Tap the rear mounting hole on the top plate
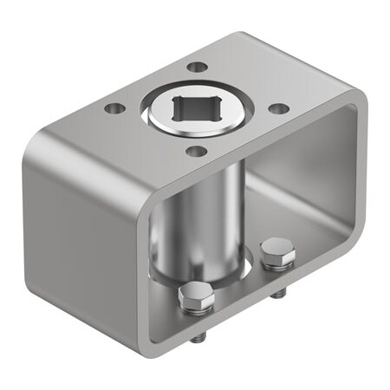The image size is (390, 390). (x=198, y=67)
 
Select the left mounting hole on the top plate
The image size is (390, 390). (x=113, y=109)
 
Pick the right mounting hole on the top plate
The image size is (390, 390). (x=278, y=109)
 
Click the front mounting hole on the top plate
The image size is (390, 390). (x=197, y=152)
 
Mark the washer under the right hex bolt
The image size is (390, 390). (x=277, y=263)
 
